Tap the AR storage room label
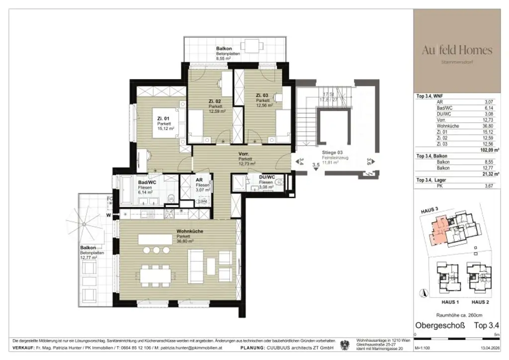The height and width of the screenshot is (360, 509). point(199,180)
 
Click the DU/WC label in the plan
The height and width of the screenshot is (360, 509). point(267,178)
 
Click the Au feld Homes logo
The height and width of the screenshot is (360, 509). point(457,50)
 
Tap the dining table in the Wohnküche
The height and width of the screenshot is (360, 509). point(156,273)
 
